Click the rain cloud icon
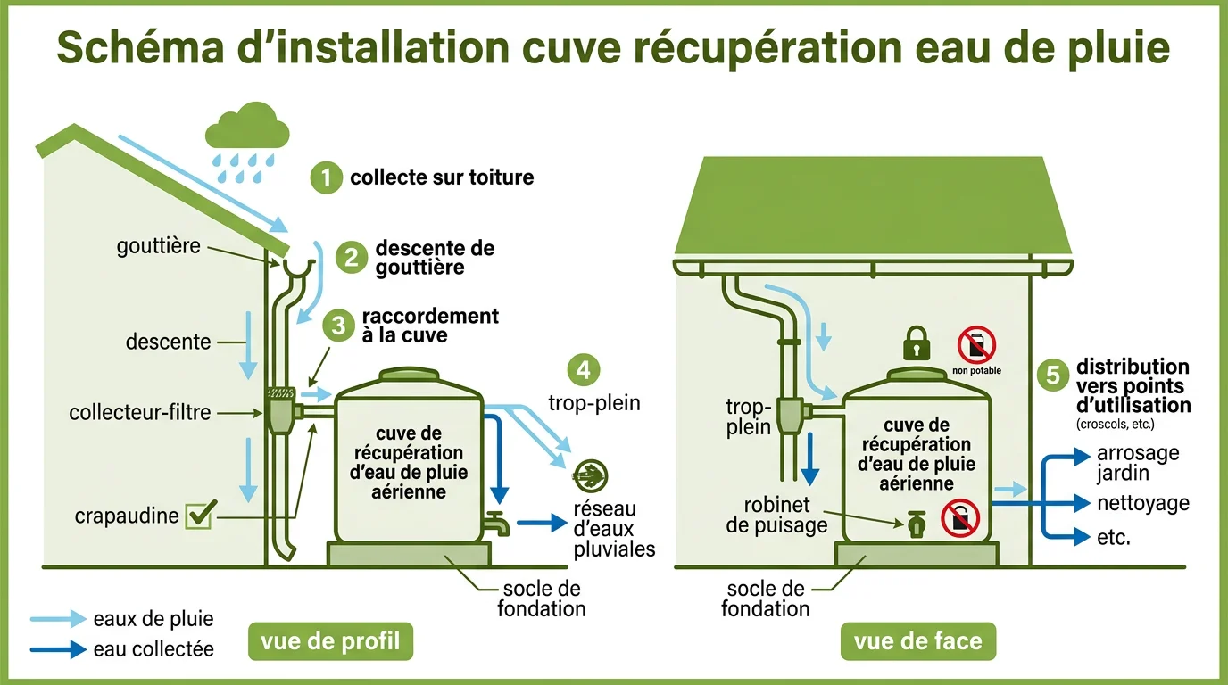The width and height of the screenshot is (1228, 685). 247,127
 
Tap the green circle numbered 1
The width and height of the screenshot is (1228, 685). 326,177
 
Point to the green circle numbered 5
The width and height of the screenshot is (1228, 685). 1053,376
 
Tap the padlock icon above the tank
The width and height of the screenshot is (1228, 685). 916,342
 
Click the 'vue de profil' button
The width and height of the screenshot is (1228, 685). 331,641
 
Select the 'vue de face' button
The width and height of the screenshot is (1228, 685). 917,641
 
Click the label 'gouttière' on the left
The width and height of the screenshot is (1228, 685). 159,246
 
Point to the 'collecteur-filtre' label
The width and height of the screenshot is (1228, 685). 140,412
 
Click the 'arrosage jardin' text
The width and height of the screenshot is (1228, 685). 1137,463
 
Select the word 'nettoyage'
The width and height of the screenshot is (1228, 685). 1142,503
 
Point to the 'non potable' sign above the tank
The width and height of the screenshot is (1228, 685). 976,349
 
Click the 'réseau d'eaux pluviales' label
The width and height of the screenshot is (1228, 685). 615,529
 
